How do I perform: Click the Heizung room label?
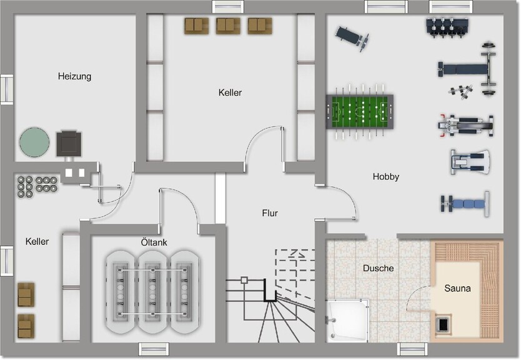(74, 76)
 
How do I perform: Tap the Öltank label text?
(154, 242)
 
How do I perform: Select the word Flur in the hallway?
(270, 213)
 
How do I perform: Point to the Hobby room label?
(385, 176)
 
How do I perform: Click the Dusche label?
(378, 268)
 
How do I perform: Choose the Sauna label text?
(457, 288)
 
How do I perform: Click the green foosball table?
(359, 112)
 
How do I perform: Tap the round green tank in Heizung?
(34, 142)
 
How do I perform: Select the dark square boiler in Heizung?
(69, 144)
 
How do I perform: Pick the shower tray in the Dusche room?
(347, 319)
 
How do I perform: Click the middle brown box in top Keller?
(228, 26)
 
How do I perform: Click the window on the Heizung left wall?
(7, 89)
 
